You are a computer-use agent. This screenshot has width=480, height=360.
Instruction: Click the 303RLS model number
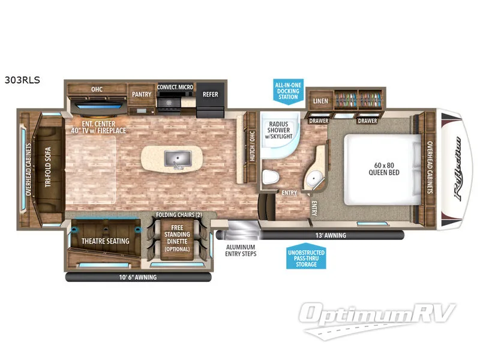[22, 80]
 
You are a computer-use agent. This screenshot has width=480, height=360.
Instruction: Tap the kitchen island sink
[178, 158]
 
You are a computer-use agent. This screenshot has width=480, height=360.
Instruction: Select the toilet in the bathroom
[271, 177]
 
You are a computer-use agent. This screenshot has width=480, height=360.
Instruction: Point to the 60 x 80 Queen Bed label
[384, 169]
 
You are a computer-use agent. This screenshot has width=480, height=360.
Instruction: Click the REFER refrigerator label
[211, 94]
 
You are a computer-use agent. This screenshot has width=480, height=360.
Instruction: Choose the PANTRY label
[142, 94]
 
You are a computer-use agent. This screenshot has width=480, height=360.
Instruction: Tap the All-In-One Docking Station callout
[288, 91]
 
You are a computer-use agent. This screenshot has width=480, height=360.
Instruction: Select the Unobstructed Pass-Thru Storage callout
[306, 257]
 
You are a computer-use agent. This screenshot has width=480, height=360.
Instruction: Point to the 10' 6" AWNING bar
[139, 277]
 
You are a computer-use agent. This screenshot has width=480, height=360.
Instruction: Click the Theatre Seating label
[106, 241]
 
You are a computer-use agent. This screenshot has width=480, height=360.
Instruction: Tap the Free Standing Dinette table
[177, 240]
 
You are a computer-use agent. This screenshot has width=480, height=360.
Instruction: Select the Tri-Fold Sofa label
[48, 167]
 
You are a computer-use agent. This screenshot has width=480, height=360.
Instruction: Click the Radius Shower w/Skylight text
[278, 130]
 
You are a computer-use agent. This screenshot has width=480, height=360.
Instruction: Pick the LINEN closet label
[320, 101]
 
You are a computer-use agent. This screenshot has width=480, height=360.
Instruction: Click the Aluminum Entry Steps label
[241, 250]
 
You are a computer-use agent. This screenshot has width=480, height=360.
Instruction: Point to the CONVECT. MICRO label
[175, 87]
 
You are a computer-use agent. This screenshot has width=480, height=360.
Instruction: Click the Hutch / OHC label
[252, 146]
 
